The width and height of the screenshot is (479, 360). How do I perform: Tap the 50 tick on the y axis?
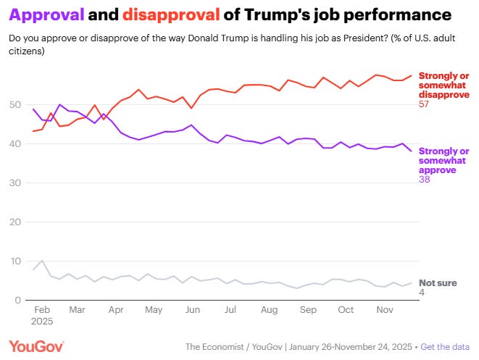15,105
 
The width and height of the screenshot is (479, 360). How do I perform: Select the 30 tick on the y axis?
15,183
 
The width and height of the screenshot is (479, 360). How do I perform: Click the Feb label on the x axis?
41,309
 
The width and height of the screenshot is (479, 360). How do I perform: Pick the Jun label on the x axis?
192,309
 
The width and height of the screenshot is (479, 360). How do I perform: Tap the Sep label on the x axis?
308,309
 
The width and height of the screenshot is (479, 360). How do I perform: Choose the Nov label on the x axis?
384,309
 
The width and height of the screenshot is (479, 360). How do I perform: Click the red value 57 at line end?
425,104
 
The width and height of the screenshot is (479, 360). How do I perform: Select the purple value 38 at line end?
425,179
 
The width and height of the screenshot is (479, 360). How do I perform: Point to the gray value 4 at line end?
422,293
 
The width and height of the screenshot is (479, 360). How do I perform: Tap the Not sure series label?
438,283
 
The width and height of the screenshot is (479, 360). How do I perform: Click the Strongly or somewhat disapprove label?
443,85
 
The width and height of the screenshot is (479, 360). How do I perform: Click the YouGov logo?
36,347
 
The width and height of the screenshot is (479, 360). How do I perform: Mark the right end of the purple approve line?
412,151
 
